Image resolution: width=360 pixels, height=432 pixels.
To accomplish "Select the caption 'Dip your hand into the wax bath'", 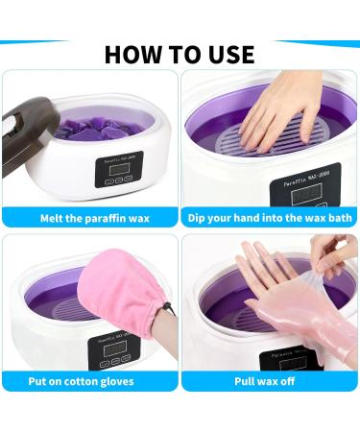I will coord(271,218).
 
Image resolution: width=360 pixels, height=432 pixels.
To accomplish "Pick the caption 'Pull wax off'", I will coord(271,380).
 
